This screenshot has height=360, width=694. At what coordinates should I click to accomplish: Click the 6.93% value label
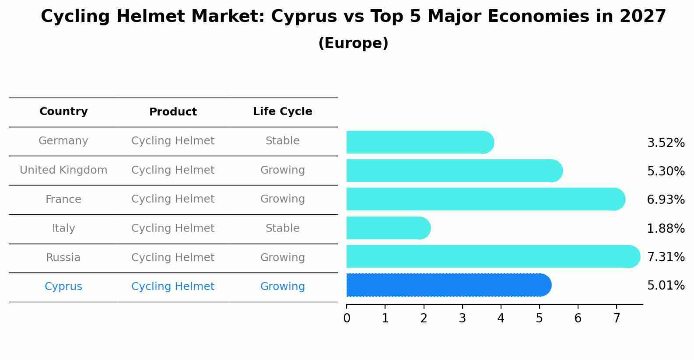[x=666, y=200]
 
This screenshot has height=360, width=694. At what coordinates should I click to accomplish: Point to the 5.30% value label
[x=666, y=171]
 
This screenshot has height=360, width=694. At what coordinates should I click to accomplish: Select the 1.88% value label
[x=666, y=228]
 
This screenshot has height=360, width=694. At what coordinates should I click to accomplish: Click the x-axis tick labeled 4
[x=501, y=318]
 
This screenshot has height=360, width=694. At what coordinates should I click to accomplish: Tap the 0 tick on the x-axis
[x=347, y=318]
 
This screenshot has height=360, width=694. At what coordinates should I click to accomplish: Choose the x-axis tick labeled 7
[x=617, y=318]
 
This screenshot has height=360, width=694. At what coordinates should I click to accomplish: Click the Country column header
[x=63, y=112]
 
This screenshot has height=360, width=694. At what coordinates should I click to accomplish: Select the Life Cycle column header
[x=282, y=112]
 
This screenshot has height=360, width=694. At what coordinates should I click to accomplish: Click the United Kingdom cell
[x=63, y=170]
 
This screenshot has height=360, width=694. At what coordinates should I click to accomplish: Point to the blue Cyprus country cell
[x=63, y=287]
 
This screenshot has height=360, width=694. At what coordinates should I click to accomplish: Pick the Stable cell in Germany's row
[x=282, y=141]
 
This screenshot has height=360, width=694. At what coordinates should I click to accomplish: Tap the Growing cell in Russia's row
[x=282, y=258]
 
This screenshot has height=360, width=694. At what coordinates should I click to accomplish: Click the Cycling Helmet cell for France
[x=173, y=199]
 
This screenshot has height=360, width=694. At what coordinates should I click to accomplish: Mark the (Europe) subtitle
[x=353, y=43]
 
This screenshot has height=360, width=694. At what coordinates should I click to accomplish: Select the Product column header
[x=173, y=112]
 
